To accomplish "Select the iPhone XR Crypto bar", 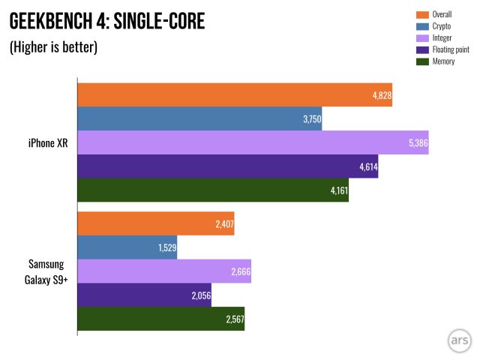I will coord(199,118).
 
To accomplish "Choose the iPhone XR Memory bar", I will coord(213,190).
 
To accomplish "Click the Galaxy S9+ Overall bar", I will coord(156,223).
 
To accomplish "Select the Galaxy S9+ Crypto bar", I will coord(127,247).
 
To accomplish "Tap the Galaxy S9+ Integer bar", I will coord(164,271).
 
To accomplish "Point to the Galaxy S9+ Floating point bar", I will coord(145,295).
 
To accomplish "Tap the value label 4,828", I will coord(380,95).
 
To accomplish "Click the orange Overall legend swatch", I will coord(421,14).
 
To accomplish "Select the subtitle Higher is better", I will coord(53,47).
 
